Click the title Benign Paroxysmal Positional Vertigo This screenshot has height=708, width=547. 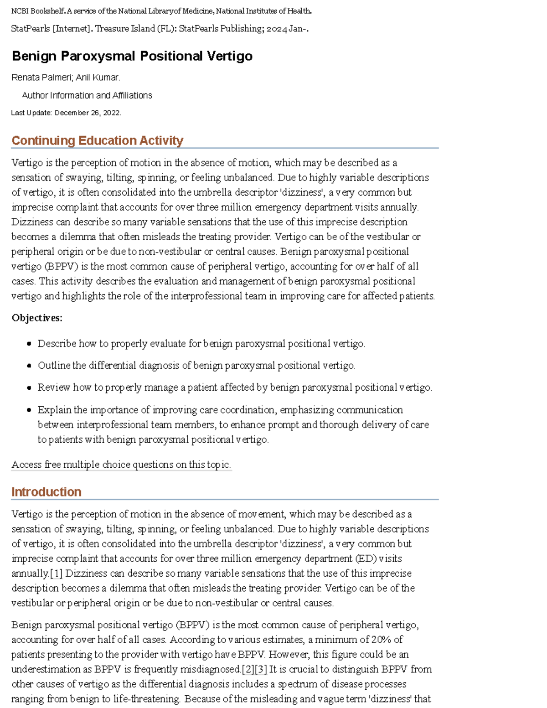point(132,56)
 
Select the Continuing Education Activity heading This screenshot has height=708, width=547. point(97,140)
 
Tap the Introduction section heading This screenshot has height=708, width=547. point(46,492)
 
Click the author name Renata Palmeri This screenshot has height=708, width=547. point(41,78)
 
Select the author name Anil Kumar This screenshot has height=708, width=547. point(98,78)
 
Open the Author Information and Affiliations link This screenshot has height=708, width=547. point(87,95)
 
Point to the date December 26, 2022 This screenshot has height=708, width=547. point(88,113)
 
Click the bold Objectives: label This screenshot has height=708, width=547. point(37,318)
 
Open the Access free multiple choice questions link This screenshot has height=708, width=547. point(121,465)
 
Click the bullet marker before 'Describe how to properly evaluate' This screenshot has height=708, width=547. point(29,344)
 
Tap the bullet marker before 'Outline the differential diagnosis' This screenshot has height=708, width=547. point(29,366)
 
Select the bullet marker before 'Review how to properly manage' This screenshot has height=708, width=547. point(29,388)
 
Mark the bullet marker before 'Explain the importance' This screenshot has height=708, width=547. point(29,410)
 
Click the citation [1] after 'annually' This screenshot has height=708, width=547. point(56,574)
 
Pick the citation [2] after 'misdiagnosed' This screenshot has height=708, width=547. point(247,669)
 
